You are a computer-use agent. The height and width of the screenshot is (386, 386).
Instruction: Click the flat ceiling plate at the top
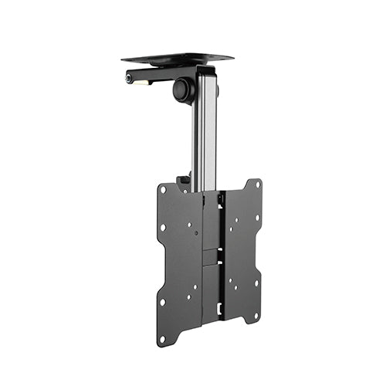pos(178,58)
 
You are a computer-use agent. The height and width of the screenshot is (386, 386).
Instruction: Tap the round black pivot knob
pos(184,90)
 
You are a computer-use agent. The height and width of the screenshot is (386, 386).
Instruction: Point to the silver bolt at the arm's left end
pos(128,78)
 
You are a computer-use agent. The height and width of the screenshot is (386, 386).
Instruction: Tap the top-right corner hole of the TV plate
pos(258,185)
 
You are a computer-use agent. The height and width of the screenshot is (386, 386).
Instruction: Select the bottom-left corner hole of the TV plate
pos(162,338)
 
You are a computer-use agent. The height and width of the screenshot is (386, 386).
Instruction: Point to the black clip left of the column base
pos(184,183)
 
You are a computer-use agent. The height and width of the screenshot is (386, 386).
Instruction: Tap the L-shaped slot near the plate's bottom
pos(219,309)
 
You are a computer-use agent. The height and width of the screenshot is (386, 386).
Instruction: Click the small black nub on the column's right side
pos(218,90)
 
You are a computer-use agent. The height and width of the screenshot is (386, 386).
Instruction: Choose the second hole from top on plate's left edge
pos(163,228)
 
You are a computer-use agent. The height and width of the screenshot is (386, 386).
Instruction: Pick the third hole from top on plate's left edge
pos(162,302)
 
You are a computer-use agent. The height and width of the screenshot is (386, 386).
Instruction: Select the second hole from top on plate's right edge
pos(258,218)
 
